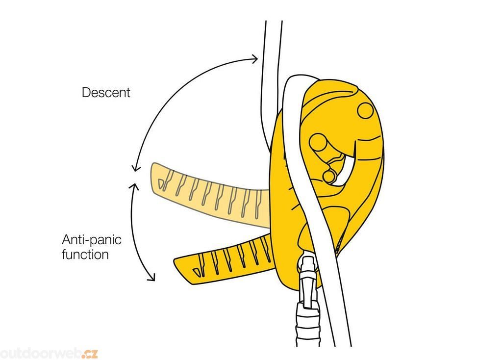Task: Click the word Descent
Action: pos(106,92)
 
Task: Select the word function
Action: pos(85,255)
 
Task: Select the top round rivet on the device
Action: pos(365,110)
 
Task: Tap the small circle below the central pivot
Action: pos(329,176)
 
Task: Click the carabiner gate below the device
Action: pos(307,284)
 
